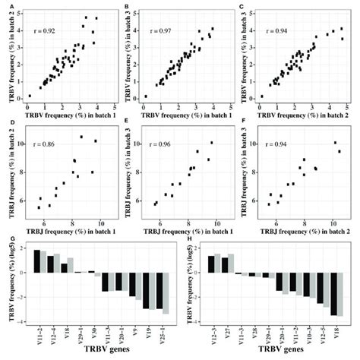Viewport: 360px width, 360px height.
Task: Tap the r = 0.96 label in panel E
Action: [161, 142]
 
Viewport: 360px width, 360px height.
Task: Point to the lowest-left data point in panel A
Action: [30, 96]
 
